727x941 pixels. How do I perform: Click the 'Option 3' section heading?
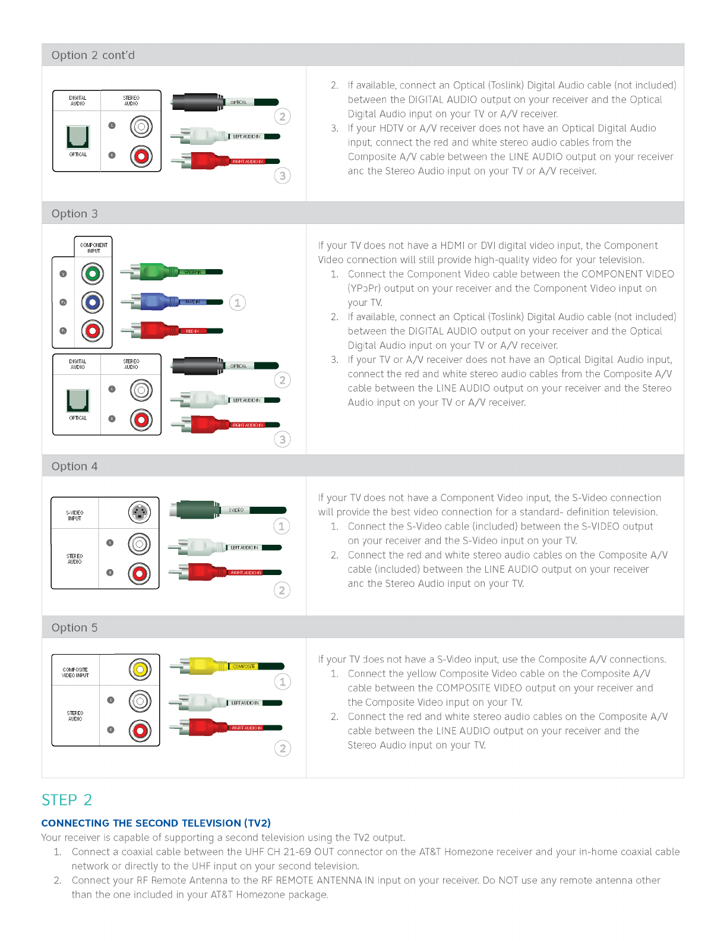pos(74,214)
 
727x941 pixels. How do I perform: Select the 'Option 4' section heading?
pos(74,466)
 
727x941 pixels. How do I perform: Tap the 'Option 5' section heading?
pos(74,628)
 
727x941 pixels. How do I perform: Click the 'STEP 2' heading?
pos(67,800)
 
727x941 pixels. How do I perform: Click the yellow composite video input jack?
pos(140,670)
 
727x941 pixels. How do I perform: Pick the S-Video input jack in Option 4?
pos(140,512)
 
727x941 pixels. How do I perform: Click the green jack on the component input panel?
pos(93,274)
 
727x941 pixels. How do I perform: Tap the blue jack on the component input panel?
pos(93,302)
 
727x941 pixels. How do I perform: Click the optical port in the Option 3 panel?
pos(78,400)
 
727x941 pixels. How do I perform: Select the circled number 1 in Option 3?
pos(238,302)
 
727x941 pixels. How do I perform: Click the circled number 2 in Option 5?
pos(283,749)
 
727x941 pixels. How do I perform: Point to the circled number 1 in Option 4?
pos(282,526)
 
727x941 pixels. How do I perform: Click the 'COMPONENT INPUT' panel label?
pos(94,248)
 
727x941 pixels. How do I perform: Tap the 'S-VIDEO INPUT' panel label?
pos(75,515)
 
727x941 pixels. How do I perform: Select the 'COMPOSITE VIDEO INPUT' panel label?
pos(75,672)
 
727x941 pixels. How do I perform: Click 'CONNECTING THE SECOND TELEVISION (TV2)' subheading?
pos(156,823)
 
